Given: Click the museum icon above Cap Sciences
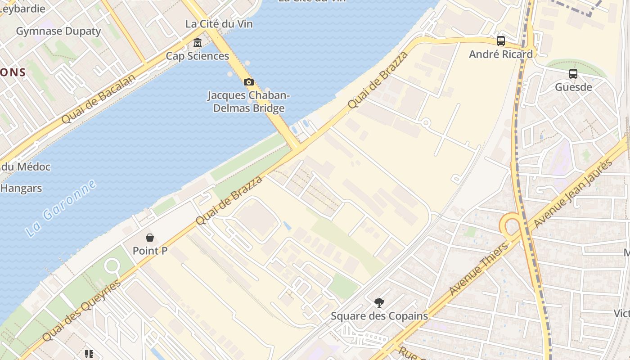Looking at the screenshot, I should [x=197, y=43].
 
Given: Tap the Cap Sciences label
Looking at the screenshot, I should [x=198, y=56].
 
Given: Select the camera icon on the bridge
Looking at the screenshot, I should [x=248, y=82].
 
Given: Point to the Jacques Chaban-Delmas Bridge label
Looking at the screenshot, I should [x=248, y=102].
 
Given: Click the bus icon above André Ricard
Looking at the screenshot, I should [x=501, y=41].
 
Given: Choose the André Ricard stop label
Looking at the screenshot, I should [x=500, y=54].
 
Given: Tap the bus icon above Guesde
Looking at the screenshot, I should [x=573, y=74].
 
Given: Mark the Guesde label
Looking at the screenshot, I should [x=573, y=87].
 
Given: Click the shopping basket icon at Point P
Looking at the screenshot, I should [x=150, y=238].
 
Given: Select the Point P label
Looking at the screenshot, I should [x=150, y=251].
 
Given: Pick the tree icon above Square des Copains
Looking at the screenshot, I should [x=379, y=303].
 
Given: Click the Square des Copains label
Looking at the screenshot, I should [x=379, y=316].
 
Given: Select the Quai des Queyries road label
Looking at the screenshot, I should [x=82, y=310].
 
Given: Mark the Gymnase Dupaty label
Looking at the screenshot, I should [x=58, y=31].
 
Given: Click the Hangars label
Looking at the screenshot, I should [x=21, y=188].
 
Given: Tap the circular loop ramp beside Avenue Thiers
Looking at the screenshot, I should [x=510, y=223].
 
